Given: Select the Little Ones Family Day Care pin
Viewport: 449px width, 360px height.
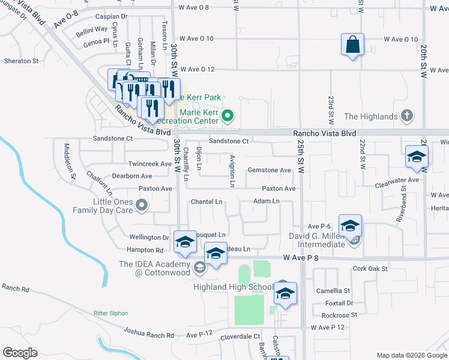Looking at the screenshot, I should click(142, 206).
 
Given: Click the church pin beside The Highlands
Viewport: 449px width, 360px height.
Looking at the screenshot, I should click(406, 116).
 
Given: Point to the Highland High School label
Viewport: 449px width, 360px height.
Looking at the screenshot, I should click(233, 287).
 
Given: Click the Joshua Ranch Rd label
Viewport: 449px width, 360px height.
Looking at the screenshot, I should click(148, 331).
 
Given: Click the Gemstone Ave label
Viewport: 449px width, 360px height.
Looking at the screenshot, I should click(270, 170).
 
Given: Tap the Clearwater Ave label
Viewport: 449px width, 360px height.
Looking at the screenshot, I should click(397, 179).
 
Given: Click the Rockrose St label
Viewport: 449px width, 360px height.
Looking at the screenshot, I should click(339, 314).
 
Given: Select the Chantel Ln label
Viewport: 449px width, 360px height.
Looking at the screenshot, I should click(206, 202).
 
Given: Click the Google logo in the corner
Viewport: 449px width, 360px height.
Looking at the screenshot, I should click(20, 352).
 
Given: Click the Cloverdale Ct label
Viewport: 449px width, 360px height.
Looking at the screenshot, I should click(240, 337).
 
